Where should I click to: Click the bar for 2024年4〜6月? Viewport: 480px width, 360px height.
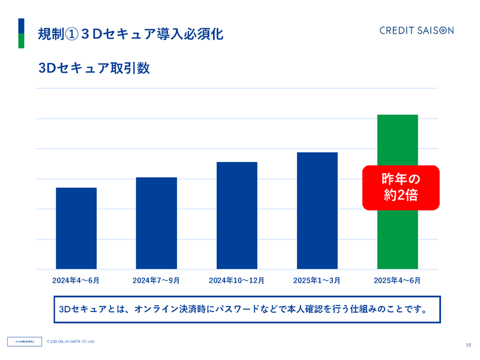[x=76, y=228]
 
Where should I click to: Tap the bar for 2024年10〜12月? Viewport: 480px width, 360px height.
[x=237, y=215]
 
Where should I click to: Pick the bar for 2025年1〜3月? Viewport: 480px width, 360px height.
[x=317, y=211]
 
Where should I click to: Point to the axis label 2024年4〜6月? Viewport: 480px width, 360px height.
[x=76, y=280]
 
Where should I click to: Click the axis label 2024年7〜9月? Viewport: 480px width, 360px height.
[x=157, y=280]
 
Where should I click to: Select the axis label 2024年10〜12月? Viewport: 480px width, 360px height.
[x=237, y=280]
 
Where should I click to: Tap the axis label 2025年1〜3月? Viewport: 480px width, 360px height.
[x=317, y=280]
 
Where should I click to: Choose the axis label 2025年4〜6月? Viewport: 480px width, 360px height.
[x=397, y=280]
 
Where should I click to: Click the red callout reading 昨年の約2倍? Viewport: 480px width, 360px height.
[x=401, y=187]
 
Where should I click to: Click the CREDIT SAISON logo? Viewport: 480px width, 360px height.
[x=416, y=31]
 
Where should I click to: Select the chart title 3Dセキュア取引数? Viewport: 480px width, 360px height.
[x=94, y=68]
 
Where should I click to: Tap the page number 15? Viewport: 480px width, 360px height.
[x=468, y=344]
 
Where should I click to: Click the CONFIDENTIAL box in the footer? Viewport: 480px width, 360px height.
[x=25, y=342]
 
